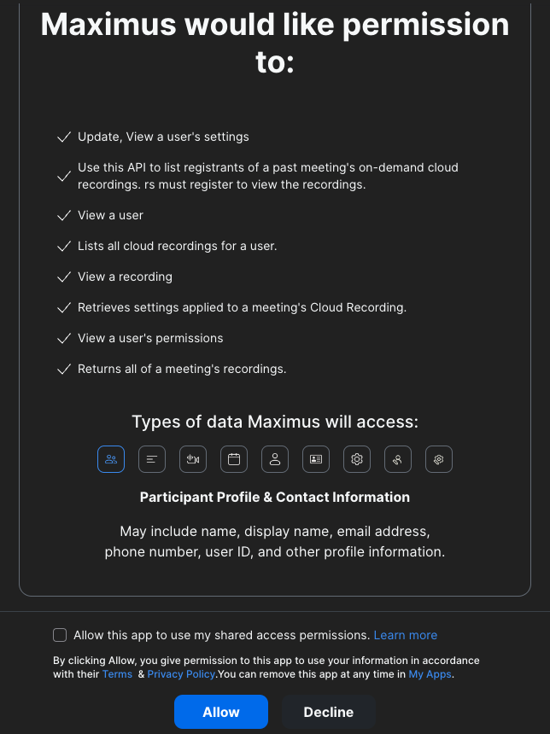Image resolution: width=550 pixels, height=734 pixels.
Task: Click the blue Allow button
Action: (x=221, y=712)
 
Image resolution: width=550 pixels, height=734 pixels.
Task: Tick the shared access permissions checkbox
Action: (x=60, y=635)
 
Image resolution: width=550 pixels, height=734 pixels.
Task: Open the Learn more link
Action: (x=406, y=635)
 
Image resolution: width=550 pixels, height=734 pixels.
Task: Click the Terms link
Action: (x=117, y=674)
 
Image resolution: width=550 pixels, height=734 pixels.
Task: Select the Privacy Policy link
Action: (x=181, y=674)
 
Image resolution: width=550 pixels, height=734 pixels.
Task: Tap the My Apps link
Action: (x=430, y=674)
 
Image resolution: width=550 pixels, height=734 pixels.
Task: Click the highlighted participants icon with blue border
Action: (x=111, y=459)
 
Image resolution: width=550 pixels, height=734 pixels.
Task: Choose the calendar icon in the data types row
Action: (x=234, y=459)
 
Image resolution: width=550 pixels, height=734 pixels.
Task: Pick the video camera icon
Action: (x=193, y=459)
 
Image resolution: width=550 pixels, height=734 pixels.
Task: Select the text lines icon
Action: (x=152, y=459)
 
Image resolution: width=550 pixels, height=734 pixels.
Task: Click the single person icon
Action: (x=275, y=459)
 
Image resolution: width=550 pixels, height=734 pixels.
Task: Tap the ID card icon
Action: (x=316, y=459)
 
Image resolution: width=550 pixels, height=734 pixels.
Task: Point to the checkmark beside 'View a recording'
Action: (x=63, y=277)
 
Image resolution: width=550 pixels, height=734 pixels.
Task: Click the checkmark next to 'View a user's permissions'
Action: (x=63, y=338)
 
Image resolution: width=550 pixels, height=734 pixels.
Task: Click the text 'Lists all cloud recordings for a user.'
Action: (x=178, y=246)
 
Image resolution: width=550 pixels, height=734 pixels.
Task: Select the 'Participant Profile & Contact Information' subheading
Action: (x=275, y=497)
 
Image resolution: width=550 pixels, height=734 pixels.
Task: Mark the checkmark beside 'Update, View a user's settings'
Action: (x=63, y=137)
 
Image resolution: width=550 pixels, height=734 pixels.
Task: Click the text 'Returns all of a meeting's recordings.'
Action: (x=182, y=369)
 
